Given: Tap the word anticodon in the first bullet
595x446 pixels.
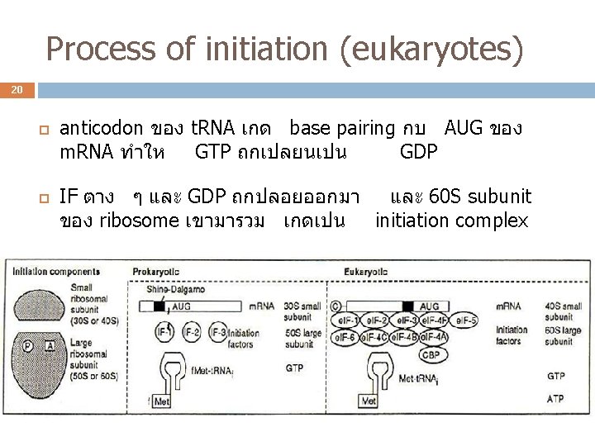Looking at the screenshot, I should (103, 128).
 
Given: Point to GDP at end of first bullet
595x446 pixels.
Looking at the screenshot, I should (418, 152).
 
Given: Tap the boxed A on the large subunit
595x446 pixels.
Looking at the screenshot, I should (49, 346).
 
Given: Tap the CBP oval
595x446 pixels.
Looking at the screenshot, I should (431, 354).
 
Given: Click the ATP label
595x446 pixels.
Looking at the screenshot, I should (556, 400).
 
